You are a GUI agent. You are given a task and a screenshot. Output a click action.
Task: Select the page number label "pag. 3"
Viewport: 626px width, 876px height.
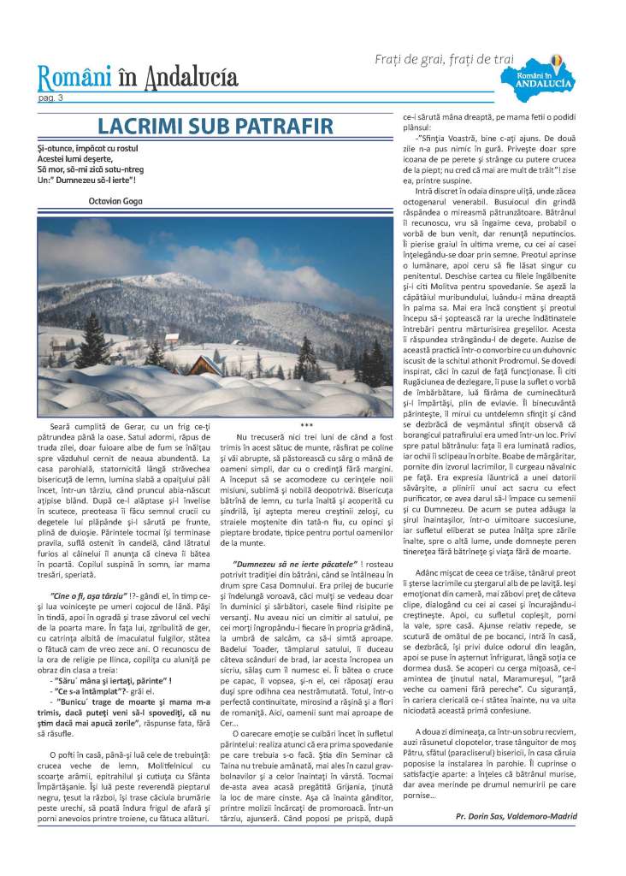point(50,99)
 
